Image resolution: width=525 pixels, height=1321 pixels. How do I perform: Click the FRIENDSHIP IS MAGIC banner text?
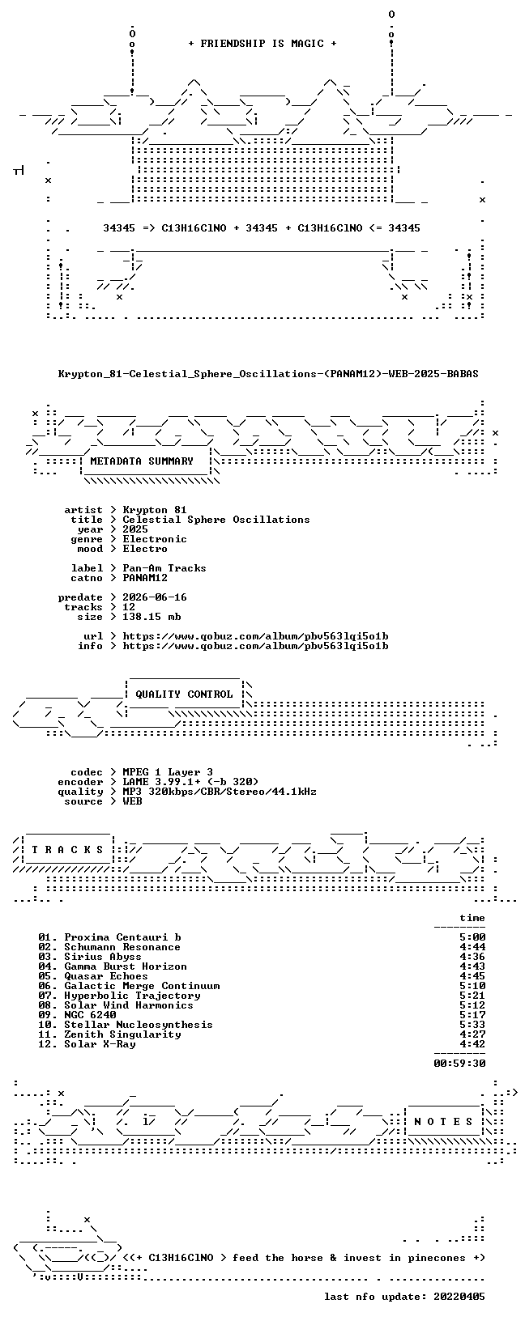pyautogui.click(x=262, y=44)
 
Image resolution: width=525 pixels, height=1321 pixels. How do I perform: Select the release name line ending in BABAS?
pyautogui.click(x=268, y=374)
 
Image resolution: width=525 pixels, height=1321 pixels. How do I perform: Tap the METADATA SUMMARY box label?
pyautogui.click(x=142, y=461)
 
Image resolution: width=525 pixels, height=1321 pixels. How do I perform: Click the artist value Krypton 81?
pyautogui.click(x=155, y=510)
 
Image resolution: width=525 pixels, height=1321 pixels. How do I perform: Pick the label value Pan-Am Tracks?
pyautogui.click(x=164, y=568)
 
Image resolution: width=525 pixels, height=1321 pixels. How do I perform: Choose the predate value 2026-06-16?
pyautogui.click(x=155, y=597)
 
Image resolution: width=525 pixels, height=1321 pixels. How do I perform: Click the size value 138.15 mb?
pyautogui.click(x=152, y=617)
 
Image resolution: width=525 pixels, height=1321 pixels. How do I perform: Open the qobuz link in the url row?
pyautogui.click(x=256, y=636)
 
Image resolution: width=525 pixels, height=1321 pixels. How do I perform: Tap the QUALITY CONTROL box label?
pyautogui.click(x=184, y=694)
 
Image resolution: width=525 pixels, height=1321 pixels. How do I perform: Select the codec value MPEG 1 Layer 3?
pyautogui.click(x=168, y=772)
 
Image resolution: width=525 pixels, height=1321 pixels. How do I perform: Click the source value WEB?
pyautogui.click(x=132, y=801)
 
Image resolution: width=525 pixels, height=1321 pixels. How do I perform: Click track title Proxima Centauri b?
pyautogui.click(x=123, y=937)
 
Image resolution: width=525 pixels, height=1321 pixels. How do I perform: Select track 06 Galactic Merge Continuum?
pyautogui.click(x=129, y=985)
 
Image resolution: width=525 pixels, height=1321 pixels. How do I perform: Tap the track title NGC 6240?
pyautogui.click(x=91, y=1015)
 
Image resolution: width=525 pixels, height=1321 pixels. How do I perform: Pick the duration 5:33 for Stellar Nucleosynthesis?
pyautogui.click(x=472, y=1025)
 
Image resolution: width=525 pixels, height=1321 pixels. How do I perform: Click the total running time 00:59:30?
pyautogui.click(x=459, y=1064)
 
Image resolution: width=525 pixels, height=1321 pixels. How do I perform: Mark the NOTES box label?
pyautogui.click(x=443, y=1122)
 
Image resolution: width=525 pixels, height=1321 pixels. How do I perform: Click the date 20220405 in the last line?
pyautogui.click(x=459, y=1296)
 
